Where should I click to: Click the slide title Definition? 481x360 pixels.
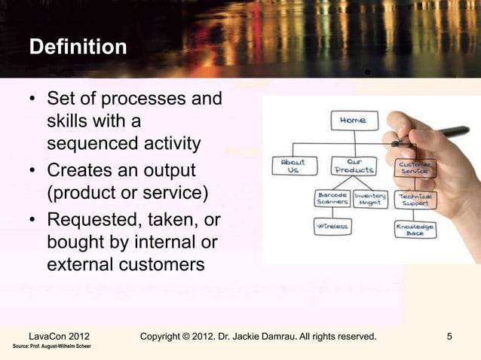(78, 47)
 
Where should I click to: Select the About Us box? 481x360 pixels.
(293, 166)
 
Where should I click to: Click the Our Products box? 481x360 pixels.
(352, 166)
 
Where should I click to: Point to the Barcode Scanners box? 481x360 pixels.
(332, 199)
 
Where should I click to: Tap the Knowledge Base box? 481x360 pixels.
(415, 229)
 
